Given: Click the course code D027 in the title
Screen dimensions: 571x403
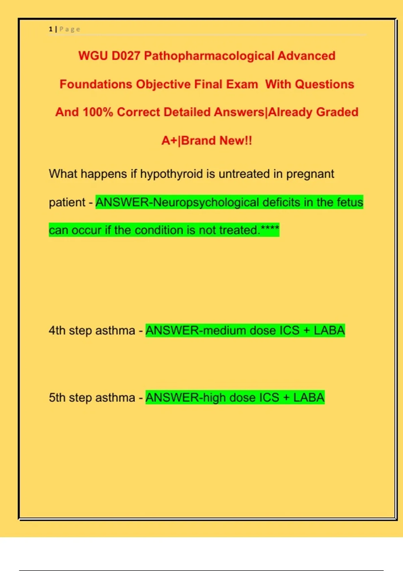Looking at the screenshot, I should [x=126, y=56].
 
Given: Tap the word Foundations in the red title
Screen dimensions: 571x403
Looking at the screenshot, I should [x=96, y=84].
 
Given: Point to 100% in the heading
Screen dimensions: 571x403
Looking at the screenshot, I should [x=98, y=112].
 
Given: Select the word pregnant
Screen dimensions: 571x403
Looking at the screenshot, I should [x=310, y=174].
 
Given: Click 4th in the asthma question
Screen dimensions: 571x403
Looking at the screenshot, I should [x=57, y=331].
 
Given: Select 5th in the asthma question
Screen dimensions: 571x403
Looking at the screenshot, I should [x=57, y=398].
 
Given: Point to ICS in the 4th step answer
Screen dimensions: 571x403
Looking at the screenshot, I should [x=289, y=331].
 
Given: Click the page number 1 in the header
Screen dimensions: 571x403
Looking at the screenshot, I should [x=50, y=29].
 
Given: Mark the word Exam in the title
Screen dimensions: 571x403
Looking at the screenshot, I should [x=242, y=84].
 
